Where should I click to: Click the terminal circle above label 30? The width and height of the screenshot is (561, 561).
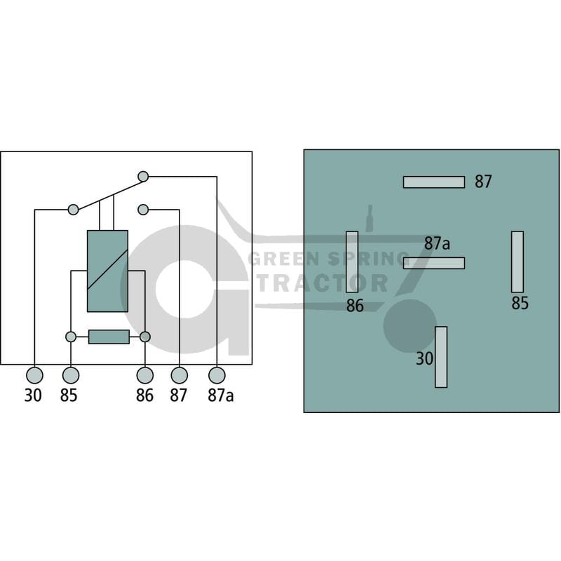click(x=34, y=375)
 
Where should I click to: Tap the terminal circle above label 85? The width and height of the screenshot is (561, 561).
click(x=71, y=375)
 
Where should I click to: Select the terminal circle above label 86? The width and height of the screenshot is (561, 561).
click(x=145, y=375)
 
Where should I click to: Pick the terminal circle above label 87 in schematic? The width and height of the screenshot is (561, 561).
click(x=180, y=375)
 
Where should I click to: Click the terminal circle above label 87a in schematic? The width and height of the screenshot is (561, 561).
click(x=217, y=375)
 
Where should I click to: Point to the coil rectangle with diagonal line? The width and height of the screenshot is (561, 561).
click(x=108, y=271)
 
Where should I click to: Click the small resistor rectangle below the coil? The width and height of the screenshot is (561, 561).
click(x=109, y=337)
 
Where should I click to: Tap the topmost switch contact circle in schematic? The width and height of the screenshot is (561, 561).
click(x=143, y=177)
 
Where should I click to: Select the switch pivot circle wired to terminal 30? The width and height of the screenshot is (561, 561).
click(x=73, y=209)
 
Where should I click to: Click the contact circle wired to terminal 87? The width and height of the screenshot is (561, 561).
click(x=143, y=209)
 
